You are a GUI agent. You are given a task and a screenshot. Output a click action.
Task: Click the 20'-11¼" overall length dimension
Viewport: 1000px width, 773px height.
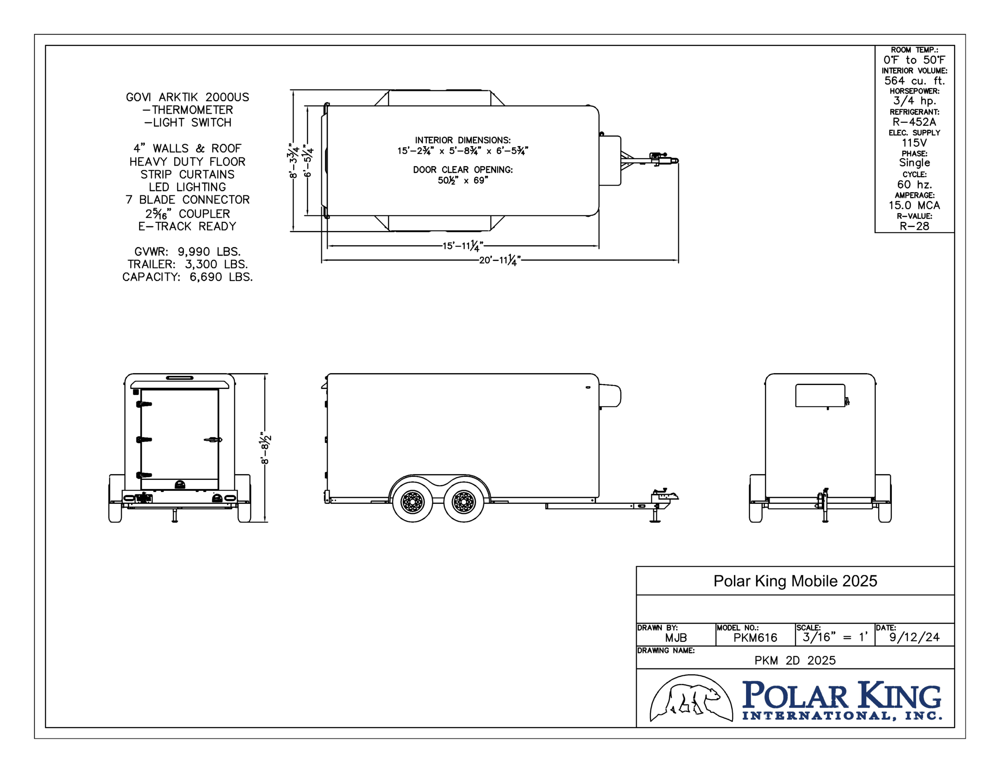[500, 260]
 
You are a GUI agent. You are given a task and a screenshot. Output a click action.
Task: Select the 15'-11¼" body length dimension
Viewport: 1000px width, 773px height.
[463, 246]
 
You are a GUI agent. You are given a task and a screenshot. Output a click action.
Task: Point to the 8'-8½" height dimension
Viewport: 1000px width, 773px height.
[266, 448]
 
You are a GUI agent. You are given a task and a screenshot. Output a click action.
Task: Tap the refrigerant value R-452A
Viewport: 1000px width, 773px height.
[914, 122]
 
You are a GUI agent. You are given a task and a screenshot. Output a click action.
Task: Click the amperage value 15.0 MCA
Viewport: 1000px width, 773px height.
[914, 205]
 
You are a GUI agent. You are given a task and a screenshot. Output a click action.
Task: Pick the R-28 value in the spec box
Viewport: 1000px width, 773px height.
[914, 226]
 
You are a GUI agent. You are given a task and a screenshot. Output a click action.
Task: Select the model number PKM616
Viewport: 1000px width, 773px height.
[755, 637]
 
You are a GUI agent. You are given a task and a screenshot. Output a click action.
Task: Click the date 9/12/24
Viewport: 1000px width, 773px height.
[914, 637]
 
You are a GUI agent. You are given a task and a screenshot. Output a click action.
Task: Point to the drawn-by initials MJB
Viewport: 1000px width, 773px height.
[676, 637]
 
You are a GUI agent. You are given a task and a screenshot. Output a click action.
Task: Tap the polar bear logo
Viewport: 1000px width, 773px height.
[691, 698]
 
